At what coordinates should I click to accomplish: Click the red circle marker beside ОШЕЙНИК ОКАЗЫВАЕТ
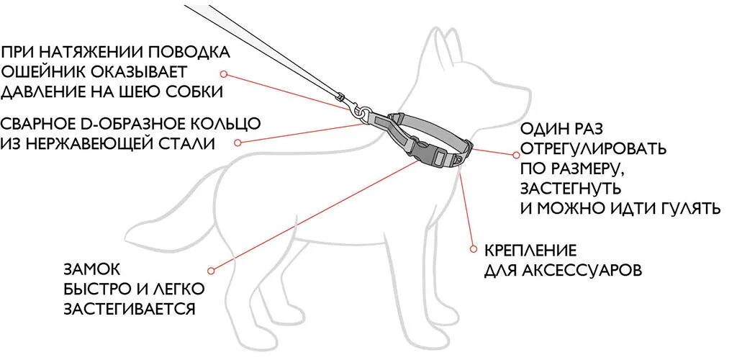tap(224, 73)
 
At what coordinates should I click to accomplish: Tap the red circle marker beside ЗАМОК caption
tap(211, 271)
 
